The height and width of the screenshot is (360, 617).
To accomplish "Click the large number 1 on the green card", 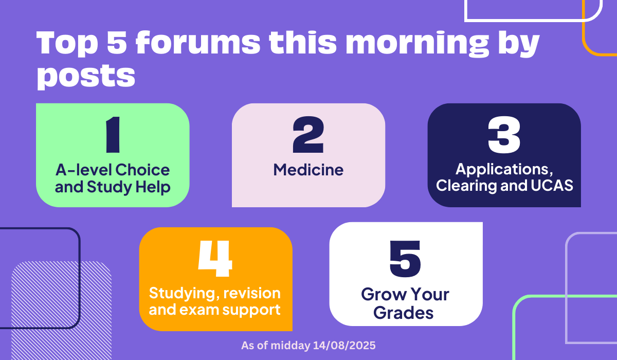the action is point(113,134).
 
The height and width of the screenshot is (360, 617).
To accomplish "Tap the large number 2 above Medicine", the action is point(308,134).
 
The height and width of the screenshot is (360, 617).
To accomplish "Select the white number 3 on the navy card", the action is point(504,134).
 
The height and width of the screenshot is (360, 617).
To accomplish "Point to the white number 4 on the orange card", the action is point(215,258).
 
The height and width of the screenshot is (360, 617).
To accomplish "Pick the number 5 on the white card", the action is point(405,258).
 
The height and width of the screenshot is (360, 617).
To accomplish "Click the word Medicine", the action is point(308,170).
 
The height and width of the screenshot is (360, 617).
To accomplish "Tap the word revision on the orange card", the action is point(252,293).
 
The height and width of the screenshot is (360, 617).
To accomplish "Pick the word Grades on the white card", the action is point(403,313).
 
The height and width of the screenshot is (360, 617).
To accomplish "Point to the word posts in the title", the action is point(86,77).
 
